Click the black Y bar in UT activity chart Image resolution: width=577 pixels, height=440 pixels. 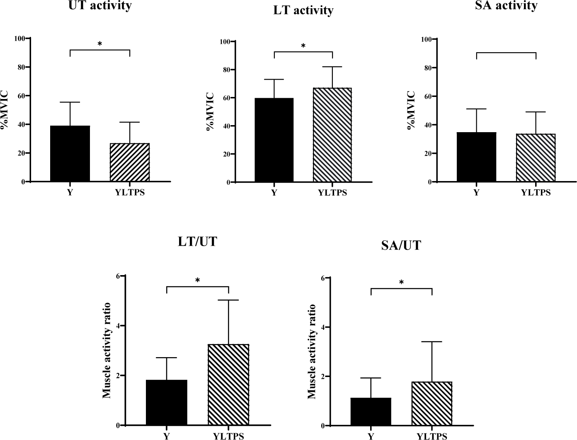[70, 153]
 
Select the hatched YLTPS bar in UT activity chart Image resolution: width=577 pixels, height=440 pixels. [130, 162]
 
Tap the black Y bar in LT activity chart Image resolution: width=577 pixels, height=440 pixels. [274, 140]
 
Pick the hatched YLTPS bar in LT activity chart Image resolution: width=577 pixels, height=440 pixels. [332, 135]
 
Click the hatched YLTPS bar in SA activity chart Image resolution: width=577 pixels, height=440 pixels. [536, 158]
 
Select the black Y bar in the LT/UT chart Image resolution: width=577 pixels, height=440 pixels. [167, 402]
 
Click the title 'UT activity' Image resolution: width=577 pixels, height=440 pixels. [100, 6]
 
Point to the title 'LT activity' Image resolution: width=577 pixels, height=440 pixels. [303, 10]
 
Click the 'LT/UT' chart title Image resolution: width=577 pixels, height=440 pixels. [197, 242]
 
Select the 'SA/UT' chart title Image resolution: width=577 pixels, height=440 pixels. [401, 246]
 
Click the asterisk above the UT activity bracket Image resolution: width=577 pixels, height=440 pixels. [100, 44]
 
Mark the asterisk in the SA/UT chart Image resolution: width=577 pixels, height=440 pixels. [401, 283]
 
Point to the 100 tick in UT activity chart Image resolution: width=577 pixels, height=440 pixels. [19, 39]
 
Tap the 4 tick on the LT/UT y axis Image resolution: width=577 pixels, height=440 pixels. [118, 326]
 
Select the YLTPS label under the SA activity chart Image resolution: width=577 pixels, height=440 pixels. [536, 193]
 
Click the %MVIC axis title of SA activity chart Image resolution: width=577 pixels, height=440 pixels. [412, 111]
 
